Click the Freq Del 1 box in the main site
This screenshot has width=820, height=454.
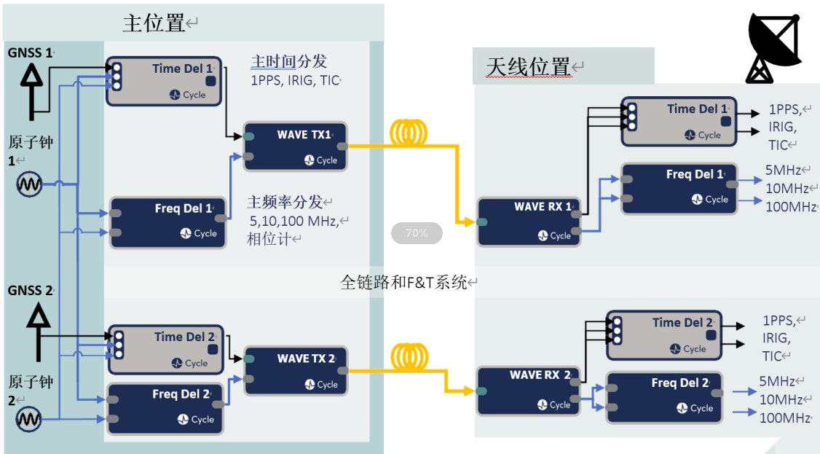167,222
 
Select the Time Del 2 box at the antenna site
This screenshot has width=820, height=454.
664,334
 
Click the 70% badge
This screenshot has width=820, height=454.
417,233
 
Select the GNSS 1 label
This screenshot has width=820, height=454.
30,53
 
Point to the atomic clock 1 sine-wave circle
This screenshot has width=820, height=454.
30,184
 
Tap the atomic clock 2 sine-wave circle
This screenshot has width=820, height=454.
30,419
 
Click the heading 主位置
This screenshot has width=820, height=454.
154,23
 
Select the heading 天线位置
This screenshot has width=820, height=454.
528,67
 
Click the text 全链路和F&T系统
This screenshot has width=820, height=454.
403,282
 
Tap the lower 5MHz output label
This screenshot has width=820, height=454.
777,381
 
